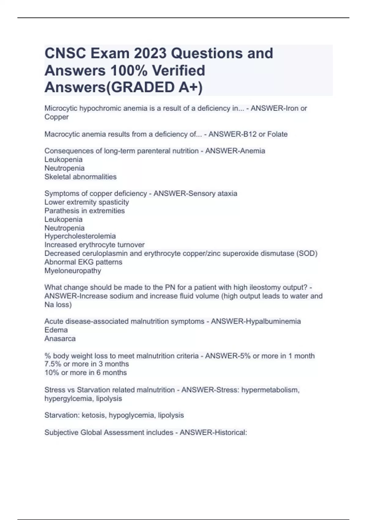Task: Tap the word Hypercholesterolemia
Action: (x=80, y=236)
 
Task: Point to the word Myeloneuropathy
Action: (x=73, y=271)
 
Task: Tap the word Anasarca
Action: (x=60, y=339)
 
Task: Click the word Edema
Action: (x=56, y=330)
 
